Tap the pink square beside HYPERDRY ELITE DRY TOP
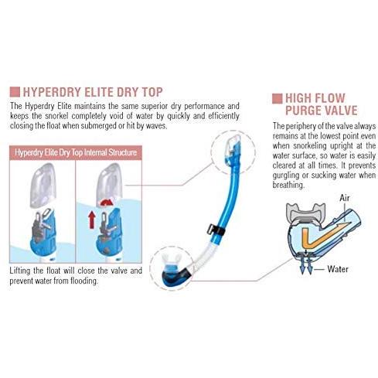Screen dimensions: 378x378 point(15,92)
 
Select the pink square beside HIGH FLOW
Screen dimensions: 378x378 point(278,98)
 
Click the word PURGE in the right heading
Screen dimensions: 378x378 point(302,111)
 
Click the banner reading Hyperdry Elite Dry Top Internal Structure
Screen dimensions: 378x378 point(76,152)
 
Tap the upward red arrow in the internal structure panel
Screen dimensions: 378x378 point(92,220)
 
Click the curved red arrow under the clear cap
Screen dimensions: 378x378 point(107,203)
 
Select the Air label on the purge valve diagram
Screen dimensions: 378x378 point(345,198)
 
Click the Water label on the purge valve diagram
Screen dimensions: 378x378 point(338,269)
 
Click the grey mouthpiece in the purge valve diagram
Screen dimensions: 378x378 point(306,213)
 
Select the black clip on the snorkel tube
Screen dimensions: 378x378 point(216,230)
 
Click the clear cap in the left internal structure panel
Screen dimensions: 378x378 point(43,186)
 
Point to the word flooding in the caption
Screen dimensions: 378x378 point(84,281)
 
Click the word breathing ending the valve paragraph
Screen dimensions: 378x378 point(288,186)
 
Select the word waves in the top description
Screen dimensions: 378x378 point(156,126)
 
